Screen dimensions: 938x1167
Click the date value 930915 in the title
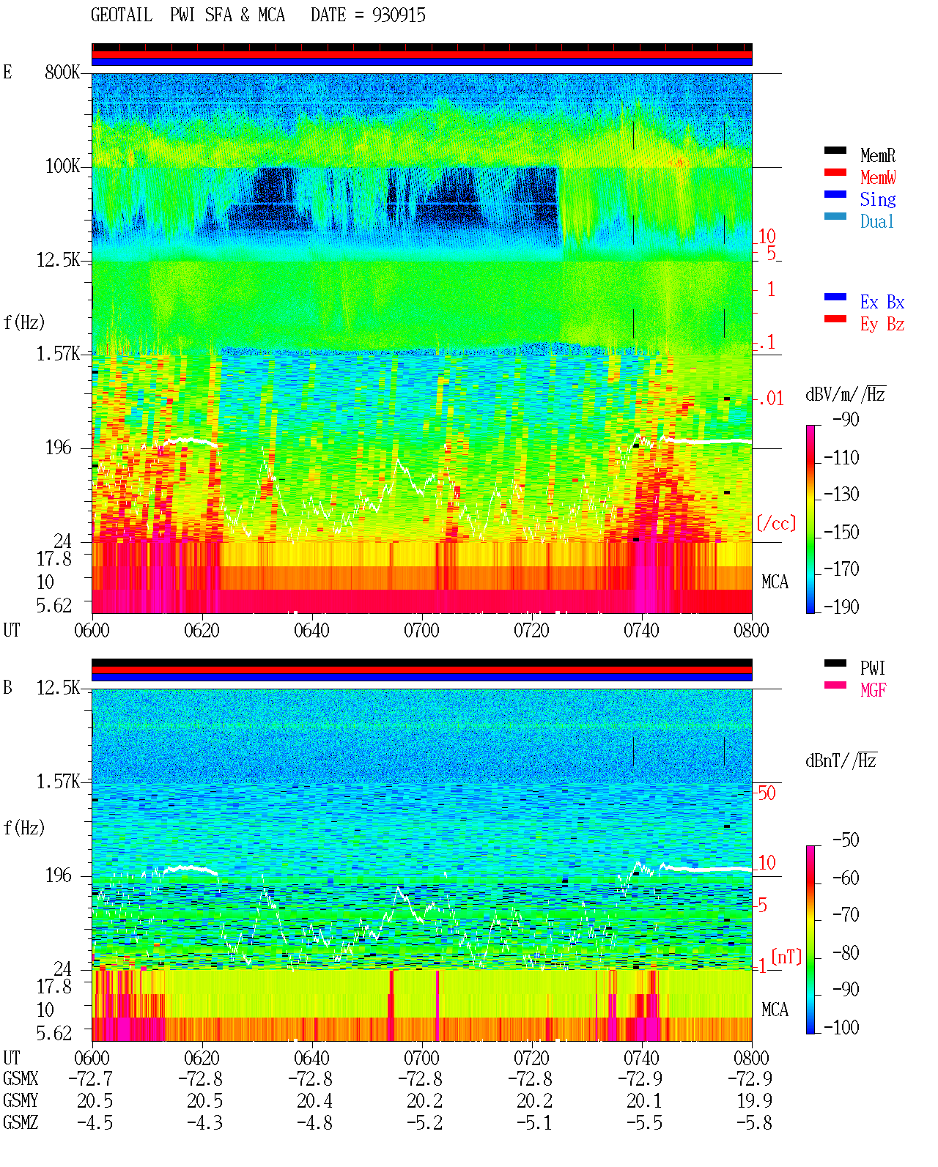pyautogui.click(x=399, y=15)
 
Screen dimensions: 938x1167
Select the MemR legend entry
pyautogui.click(x=877, y=155)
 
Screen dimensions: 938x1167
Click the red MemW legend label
pyautogui.click(x=878, y=177)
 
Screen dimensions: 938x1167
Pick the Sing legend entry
pyautogui.click(x=878, y=199)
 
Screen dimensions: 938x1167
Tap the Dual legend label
pyautogui.click(x=876, y=221)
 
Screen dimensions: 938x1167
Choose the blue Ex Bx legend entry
pyautogui.click(x=882, y=302)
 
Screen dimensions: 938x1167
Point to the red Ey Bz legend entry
pyautogui.click(x=882, y=325)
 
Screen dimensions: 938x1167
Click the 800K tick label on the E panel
pyautogui.click(x=62, y=72)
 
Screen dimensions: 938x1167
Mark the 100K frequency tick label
pyautogui.click(x=62, y=166)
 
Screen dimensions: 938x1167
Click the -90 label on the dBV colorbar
pyautogui.click(x=846, y=419)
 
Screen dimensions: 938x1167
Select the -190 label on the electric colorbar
pyautogui.click(x=841, y=607)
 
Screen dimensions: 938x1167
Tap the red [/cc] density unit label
pyautogui.click(x=776, y=523)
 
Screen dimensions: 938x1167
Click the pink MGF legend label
pyautogui.click(x=873, y=690)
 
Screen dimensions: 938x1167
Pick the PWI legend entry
pyautogui.click(x=872, y=668)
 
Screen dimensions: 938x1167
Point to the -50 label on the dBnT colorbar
pyautogui.click(x=846, y=840)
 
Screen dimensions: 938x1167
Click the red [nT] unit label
pyautogui.click(x=786, y=957)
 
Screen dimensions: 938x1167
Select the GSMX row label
pyautogui.click(x=21, y=1079)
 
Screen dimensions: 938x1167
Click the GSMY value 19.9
pyautogui.click(x=754, y=1101)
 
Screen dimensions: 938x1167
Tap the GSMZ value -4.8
pyautogui.click(x=314, y=1122)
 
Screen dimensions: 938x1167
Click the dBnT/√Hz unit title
pyautogui.click(x=841, y=761)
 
